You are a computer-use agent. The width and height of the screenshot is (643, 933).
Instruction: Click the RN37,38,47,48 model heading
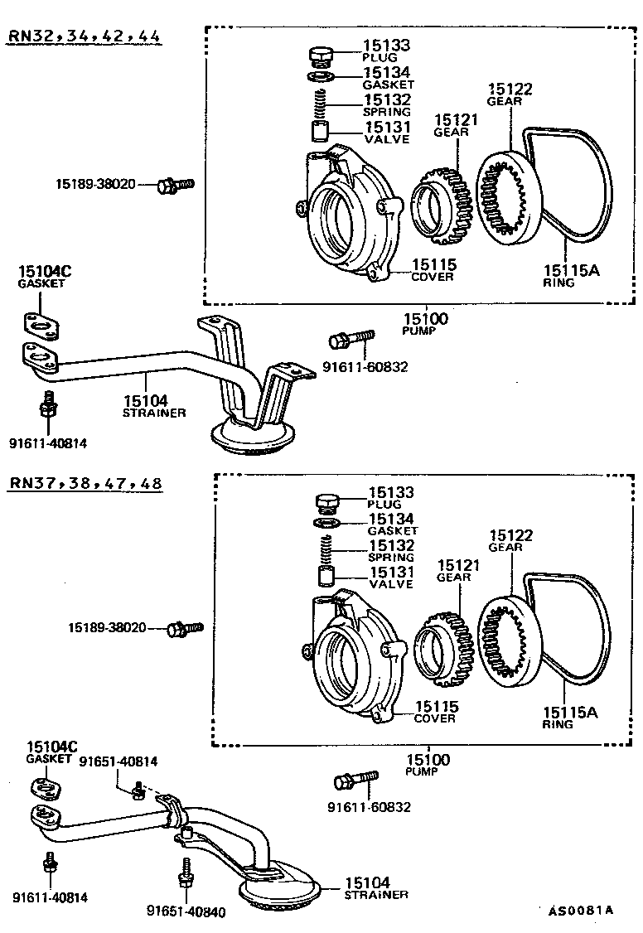tap(85, 483)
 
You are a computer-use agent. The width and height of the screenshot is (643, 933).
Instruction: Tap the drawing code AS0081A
tap(580, 911)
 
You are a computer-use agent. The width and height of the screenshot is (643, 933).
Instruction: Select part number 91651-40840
tap(186, 911)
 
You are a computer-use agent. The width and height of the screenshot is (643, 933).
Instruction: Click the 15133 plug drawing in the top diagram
tap(320, 56)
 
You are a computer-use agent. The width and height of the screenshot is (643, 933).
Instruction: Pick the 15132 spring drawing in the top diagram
tap(320, 105)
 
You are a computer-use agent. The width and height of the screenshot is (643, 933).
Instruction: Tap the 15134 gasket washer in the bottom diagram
tap(325, 523)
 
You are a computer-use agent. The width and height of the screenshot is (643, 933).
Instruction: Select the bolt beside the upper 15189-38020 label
tap(174, 185)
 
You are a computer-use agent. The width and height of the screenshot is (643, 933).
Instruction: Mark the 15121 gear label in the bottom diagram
tap(458, 570)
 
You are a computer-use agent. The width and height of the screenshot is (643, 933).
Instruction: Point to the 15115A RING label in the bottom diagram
tap(570, 717)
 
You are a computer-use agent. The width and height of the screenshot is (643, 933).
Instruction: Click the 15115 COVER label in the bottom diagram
tap(436, 711)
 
